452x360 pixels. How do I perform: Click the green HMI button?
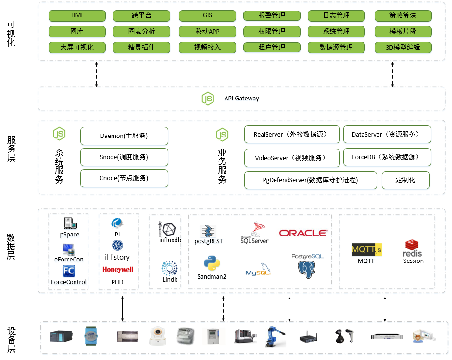pyautogui.click(x=77, y=16)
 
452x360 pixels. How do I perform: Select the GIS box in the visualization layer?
pyautogui.click(x=207, y=16)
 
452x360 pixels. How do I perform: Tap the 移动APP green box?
pyautogui.click(x=207, y=32)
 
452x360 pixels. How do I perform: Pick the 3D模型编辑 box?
pyautogui.click(x=402, y=48)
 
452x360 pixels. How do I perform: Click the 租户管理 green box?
pyautogui.click(x=272, y=48)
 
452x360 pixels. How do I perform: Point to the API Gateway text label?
pyautogui.click(x=241, y=99)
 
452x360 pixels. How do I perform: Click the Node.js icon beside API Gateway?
pyautogui.click(x=208, y=99)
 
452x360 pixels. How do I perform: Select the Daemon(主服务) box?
pyautogui.click(x=124, y=136)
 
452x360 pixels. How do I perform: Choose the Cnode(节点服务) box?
pyautogui.click(x=124, y=178)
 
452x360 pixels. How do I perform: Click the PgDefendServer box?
pyautogui.click(x=310, y=180)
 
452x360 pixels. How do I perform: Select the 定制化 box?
pyautogui.click(x=405, y=180)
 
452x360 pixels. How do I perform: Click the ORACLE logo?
pyautogui.click(x=303, y=233)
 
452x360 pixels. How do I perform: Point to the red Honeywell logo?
pyautogui.click(x=117, y=270)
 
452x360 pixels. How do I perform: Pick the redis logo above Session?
pyautogui.click(x=413, y=248)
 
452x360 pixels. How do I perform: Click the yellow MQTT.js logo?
pyautogui.click(x=366, y=249)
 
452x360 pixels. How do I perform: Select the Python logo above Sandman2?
pyautogui.click(x=212, y=264)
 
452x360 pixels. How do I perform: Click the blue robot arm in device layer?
pyautogui.click(x=276, y=336)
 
